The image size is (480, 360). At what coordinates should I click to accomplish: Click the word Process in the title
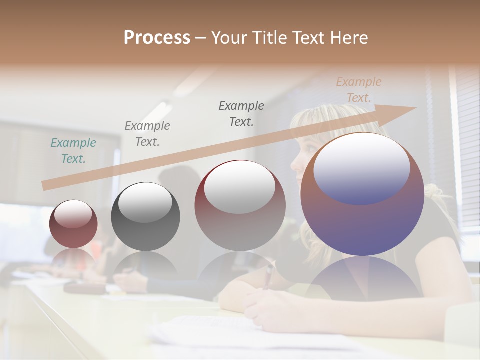157,38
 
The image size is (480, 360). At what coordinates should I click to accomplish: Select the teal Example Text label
73,150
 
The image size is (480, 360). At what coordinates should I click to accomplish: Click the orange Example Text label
359,90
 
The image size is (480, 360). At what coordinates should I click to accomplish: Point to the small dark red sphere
73,224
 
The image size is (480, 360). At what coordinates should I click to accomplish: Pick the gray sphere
145,216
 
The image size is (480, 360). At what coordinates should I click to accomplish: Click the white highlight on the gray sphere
145,202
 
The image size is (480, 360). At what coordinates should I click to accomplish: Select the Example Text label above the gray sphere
147,133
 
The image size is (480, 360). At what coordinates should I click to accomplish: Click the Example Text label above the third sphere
241,113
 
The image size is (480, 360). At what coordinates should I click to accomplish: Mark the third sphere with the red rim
240,205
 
